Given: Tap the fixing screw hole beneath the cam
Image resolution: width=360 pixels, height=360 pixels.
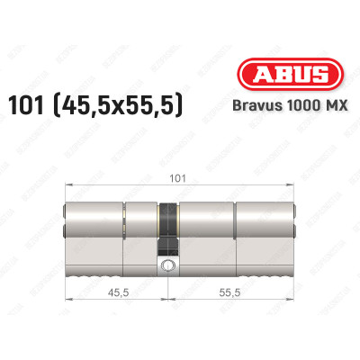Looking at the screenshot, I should tap(168, 265).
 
